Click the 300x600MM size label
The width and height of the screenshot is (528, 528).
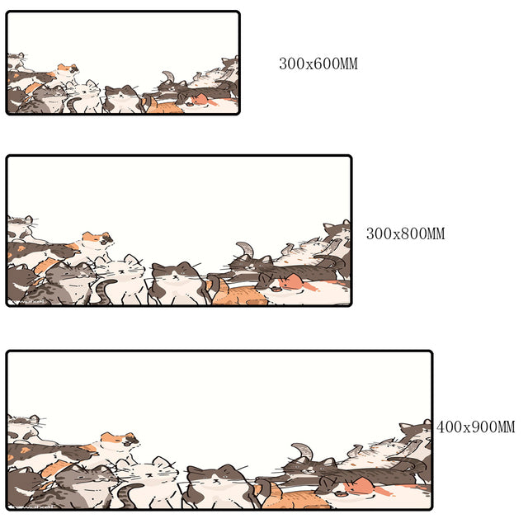click(318, 64)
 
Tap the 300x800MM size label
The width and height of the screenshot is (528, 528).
click(405, 233)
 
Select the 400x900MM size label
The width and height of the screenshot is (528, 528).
click(475, 427)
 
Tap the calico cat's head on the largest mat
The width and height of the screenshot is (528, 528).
click(120, 441)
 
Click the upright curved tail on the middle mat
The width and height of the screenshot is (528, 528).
click(246, 250)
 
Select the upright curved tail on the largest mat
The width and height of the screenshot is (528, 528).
click(303, 452)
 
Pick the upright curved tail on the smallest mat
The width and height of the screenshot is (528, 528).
click(168, 77)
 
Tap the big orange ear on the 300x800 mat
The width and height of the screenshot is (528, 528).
click(292, 281)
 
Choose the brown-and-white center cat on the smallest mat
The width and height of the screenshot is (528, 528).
click(122, 99)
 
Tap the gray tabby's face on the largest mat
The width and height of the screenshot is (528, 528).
click(88, 478)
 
